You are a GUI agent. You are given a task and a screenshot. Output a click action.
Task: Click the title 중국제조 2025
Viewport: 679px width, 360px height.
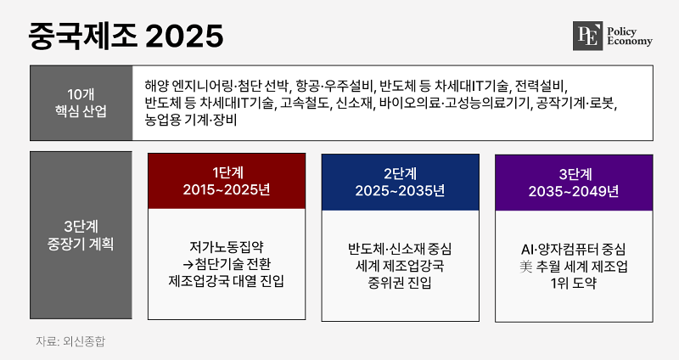(126, 36)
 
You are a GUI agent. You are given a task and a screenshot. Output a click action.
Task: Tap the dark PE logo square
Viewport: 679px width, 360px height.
(587, 36)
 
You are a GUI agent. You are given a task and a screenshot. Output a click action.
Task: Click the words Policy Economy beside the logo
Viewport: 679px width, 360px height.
(630, 37)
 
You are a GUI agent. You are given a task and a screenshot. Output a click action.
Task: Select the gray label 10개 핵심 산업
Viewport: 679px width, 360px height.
(81, 103)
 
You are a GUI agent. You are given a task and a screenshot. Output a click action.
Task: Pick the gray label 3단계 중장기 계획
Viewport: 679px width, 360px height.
(81, 235)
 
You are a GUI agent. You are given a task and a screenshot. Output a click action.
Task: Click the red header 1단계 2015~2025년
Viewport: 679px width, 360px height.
(227, 181)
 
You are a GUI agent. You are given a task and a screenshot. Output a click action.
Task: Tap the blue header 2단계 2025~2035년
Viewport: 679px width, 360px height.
(400, 183)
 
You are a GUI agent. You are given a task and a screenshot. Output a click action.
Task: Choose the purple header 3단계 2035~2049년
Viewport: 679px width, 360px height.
(574, 183)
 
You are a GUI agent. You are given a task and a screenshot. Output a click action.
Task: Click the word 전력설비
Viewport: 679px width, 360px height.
(540, 87)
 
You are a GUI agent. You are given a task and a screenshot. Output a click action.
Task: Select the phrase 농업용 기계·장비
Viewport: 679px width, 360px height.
(191, 120)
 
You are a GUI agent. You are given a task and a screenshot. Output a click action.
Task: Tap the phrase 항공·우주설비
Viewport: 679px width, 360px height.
(334, 87)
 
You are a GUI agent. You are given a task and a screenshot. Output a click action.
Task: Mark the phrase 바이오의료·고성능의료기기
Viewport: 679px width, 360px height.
(455, 103)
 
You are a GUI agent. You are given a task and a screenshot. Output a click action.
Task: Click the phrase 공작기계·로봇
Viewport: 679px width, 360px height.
(576, 103)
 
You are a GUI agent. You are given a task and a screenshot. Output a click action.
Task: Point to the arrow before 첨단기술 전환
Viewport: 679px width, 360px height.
(188, 264)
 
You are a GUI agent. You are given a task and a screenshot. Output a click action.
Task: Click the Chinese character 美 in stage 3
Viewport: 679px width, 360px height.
(526, 267)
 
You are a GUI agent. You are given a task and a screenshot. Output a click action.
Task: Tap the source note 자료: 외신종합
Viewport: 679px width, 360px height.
(70, 341)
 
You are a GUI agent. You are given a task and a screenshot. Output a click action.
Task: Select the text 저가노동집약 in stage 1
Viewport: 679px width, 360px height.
(227, 247)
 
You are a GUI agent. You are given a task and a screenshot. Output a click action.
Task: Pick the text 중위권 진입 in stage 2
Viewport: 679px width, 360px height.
(400, 283)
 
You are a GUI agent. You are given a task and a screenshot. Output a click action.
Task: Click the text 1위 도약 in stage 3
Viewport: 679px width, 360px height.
(574, 284)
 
